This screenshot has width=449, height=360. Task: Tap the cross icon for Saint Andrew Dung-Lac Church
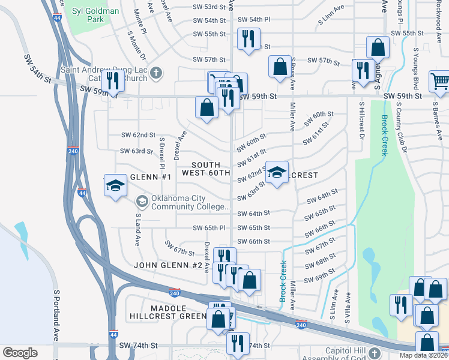[x=155, y=73]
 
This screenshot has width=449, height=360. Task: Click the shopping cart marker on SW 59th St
[x=439, y=81]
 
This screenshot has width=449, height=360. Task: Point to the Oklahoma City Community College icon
[x=142, y=200]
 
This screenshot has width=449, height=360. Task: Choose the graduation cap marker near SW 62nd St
[x=277, y=172]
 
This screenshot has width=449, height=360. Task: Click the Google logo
[x=20, y=353]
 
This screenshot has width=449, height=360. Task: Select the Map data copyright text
[x=423, y=355]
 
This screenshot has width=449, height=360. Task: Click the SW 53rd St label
[x=209, y=6]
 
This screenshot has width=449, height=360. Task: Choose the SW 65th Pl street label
[x=209, y=228]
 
